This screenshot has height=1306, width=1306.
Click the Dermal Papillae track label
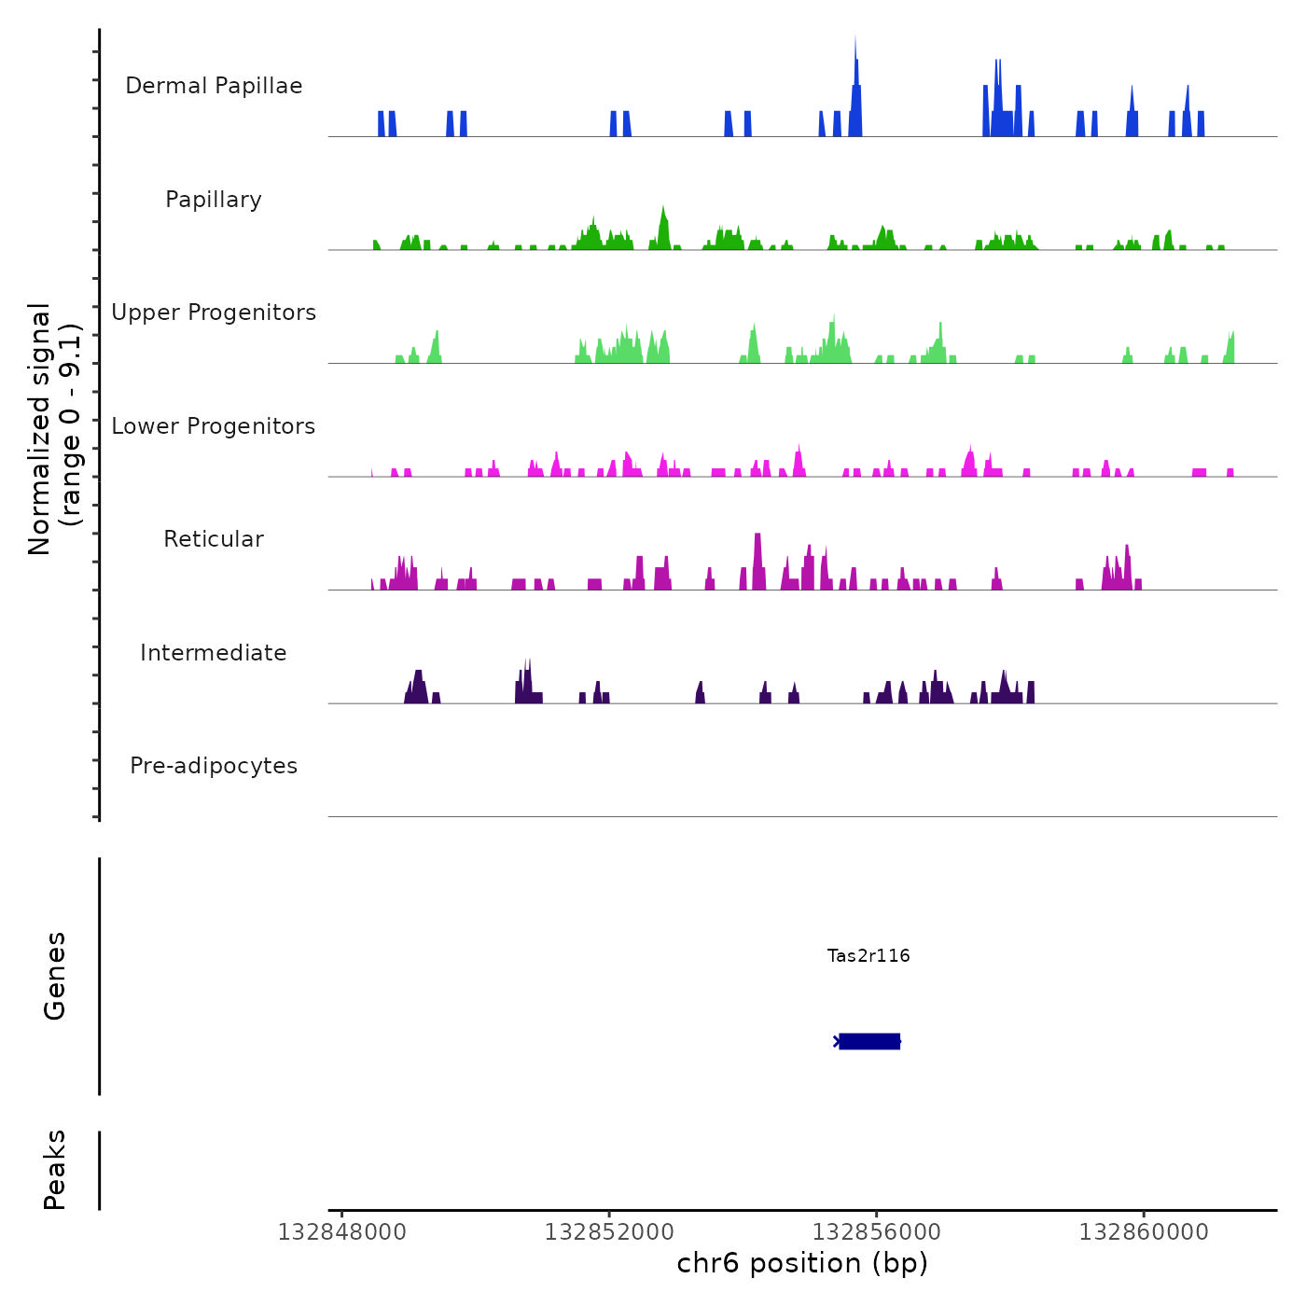click(x=214, y=86)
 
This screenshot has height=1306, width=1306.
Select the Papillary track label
click(x=214, y=200)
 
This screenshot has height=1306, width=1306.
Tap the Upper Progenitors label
click(x=214, y=313)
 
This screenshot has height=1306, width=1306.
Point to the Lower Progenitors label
click(x=214, y=426)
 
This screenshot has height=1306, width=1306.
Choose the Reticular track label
click(x=214, y=539)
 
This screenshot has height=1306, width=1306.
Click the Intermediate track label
click(x=214, y=653)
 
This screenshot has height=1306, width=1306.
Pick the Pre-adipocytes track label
click(x=214, y=766)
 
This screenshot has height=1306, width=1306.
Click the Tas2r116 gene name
click(x=868, y=955)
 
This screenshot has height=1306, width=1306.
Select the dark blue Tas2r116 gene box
click(x=869, y=1041)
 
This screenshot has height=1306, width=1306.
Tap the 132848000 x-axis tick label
click(x=342, y=1232)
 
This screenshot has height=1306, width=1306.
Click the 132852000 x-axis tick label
click(x=609, y=1232)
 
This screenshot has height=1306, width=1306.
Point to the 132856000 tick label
click(x=877, y=1232)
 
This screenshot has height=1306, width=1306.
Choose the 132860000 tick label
click(x=1144, y=1232)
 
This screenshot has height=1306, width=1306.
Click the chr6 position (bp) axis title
click(x=802, y=1263)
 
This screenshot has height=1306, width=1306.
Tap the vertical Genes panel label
click(x=55, y=976)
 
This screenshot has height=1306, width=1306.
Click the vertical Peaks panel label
click(x=55, y=1170)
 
